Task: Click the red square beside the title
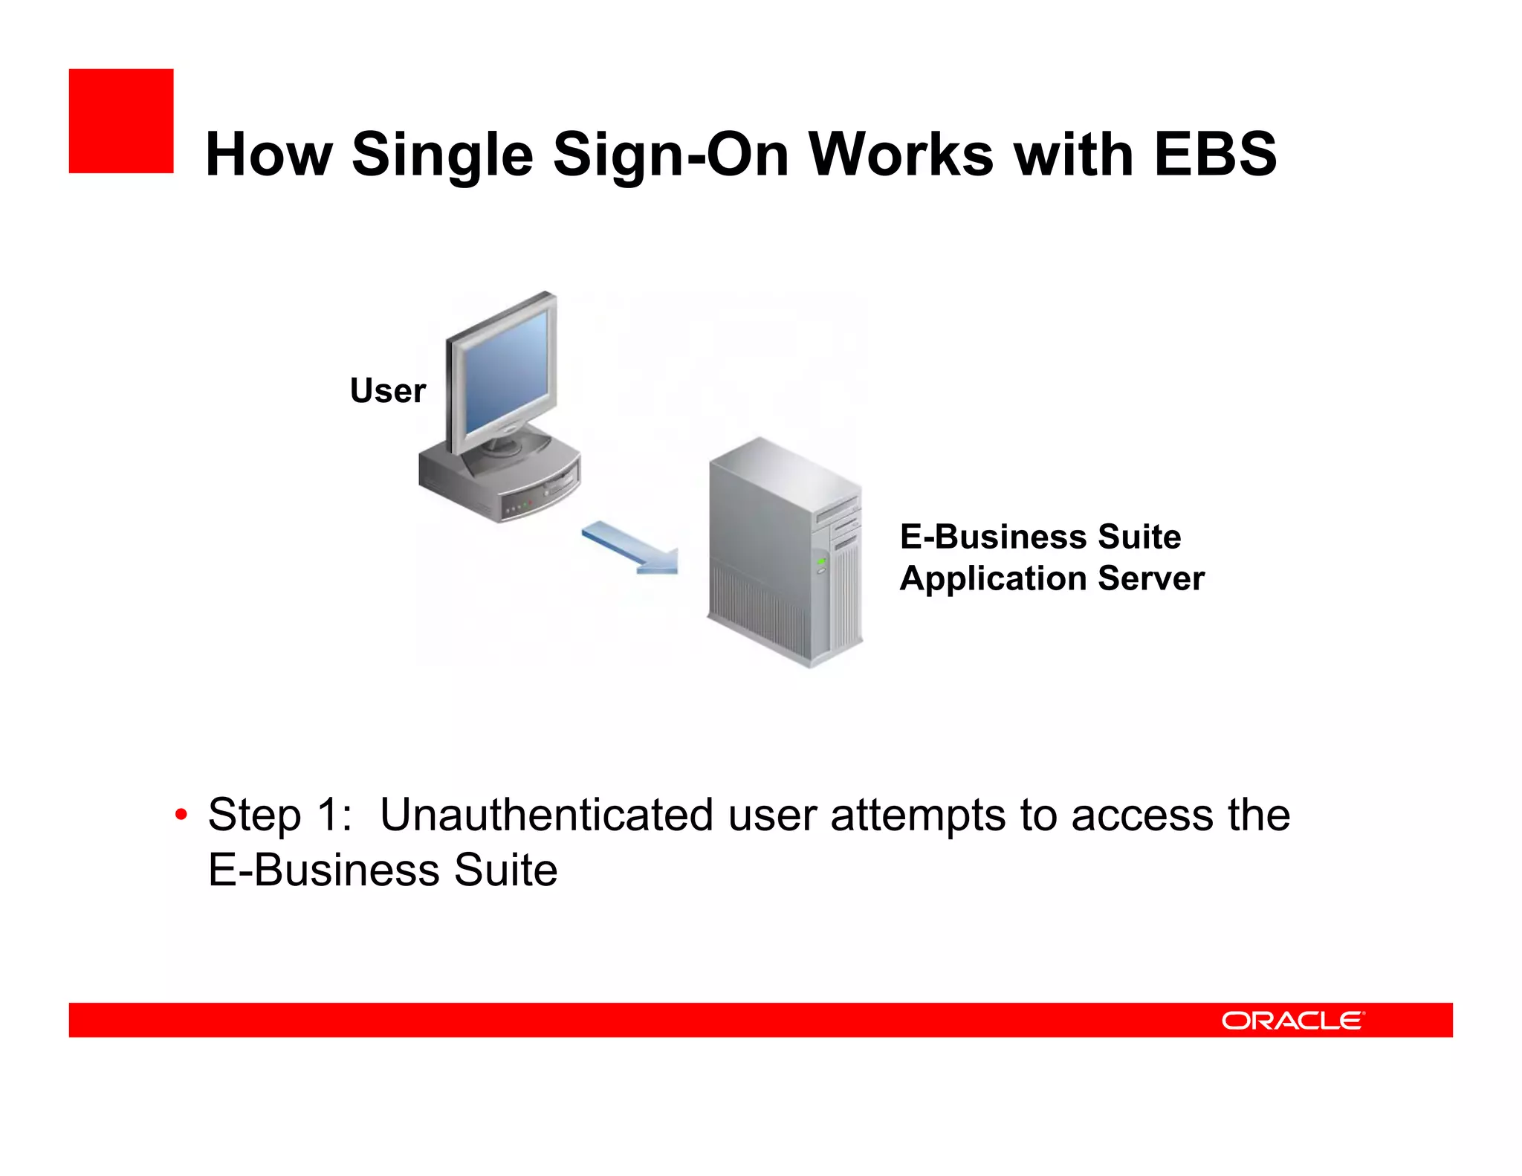pyautogui.click(x=121, y=121)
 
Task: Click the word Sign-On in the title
pyautogui.click(x=671, y=155)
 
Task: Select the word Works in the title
pyautogui.click(x=901, y=155)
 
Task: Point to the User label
pyautogui.click(x=387, y=391)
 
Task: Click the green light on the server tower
pyautogui.click(x=821, y=561)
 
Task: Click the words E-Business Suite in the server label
pyautogui.click(x=1040, y=537)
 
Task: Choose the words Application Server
pyautogui.click(x=1051, y=578)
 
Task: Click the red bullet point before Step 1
pyautogui.click(x=181, y=815)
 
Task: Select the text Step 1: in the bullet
pyautogui.click(x=279, y=815)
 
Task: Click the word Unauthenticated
pyautogui.click(x=547, y=815)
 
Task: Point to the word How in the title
pyautogui.click(x=268, y=155)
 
